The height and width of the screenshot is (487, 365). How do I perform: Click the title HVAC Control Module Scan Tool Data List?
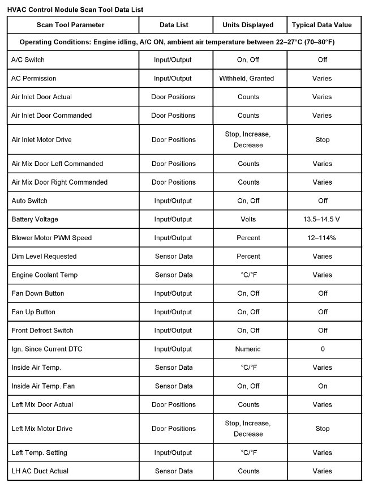click(x=75, y=10)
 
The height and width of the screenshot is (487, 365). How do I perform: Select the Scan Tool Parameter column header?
click(x=71, y=25)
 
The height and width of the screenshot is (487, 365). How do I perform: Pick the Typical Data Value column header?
click(x=322, y=25)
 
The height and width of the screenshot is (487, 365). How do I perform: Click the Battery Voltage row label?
click(x=35, y=219)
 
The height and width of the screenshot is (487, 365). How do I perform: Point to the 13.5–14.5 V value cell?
click(x=322, y=219)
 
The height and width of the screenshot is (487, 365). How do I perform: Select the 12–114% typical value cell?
click(x=322, y=238)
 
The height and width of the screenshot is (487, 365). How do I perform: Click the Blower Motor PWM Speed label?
click(x=51, y=238)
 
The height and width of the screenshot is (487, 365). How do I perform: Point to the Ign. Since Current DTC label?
click(x=47, y=349)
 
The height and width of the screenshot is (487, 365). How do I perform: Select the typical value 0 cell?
click(x=323, y=349)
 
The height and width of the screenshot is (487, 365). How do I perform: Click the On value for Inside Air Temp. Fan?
click(x=323, y=386)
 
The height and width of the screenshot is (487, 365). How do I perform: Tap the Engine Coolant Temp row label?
click(x=45, y=275)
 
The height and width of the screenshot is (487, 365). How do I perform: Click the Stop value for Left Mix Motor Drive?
click(x=322, y=429)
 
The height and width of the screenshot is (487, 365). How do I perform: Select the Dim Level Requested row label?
click(x=44, y=256)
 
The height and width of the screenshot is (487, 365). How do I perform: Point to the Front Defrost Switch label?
click(x=42, y=330)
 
